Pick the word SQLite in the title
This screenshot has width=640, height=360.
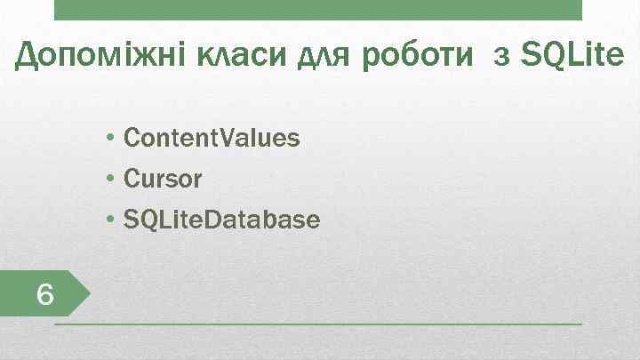(x=572, y=57)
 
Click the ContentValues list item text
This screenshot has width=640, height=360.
(x=212, y=139)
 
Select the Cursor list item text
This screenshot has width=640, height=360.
(x=163, y=180)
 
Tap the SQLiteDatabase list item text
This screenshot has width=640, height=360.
(x=221, y=220)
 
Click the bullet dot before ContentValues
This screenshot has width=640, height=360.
(x=108, y=140)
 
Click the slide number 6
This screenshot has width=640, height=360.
(x=45, y=294)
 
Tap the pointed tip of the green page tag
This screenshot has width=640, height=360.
(x=91, y=293)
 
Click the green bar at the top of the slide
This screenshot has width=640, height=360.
(x=317, y=10)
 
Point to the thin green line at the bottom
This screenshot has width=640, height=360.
(x=317, y=325)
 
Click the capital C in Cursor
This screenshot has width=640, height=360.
(x=132, y=180)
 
